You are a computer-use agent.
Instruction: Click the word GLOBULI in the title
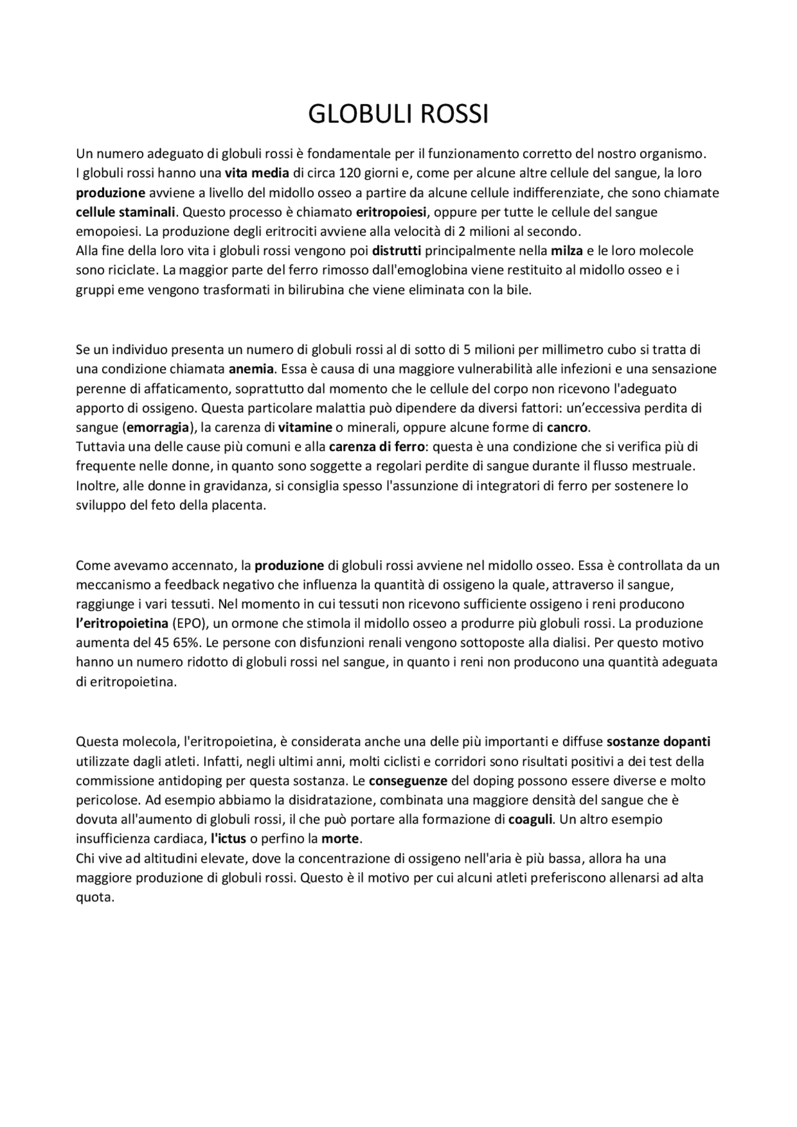pyautogui.click(x=354, y=115)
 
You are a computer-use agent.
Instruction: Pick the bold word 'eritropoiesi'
pyautogui.click(x=391, y=212)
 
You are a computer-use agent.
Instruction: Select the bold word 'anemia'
pyautogui.click(x=251, y=368)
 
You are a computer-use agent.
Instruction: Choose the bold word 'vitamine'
pyautogui.click(x=305, y=428)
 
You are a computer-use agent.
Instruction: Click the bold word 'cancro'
pyautogui.click(x=567, y=428)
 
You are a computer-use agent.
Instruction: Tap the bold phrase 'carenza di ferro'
pyautogui.click(x=377, y=447)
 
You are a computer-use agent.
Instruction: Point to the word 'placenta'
pyautogui.click(x=240, y=505)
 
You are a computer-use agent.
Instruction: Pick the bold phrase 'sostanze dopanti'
pyautogui.click(x=658, y=741)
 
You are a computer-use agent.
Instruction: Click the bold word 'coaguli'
pyautogui.click(x=531, y=820)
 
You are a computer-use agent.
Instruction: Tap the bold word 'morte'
pyautogui.click(x=340, y=839)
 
